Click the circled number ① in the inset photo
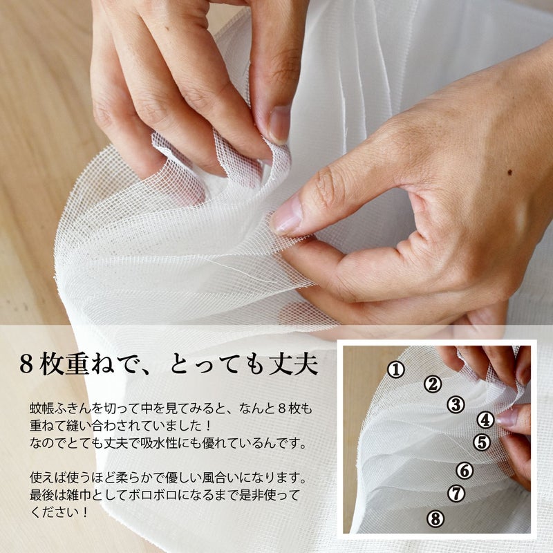(x=395, y=370)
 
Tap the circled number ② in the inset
(x=433, y=384)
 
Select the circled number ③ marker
(x=455, y=405)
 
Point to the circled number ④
(x=485, y=420)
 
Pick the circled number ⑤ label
(x=482, y=442)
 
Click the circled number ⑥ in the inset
(x=465, y=471)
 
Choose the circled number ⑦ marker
(x=456, y=494)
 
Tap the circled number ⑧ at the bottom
(x=435, y=518)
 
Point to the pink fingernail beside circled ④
(x=507, y=417)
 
